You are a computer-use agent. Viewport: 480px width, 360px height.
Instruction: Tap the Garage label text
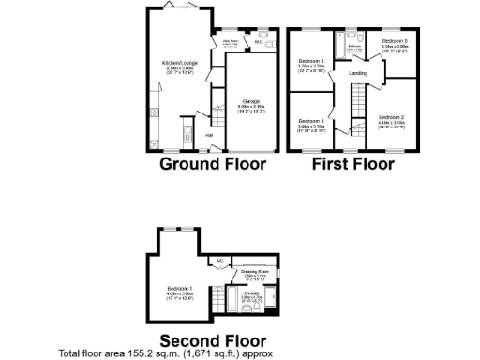click(x=251, y=100)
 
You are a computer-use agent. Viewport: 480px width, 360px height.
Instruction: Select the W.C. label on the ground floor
click(x=259, y=42)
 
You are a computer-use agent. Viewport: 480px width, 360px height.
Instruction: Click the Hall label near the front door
click(x=208, y=135)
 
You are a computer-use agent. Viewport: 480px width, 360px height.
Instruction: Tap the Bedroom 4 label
click(x=310, y=122)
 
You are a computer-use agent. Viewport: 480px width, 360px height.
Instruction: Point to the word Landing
click(x=357, y=72)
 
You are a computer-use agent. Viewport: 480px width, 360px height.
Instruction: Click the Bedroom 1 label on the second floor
click(x=180, y=287)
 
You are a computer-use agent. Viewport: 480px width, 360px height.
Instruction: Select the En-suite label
click(x=251, y=293)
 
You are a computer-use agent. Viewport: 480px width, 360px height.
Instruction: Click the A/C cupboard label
click(x=218, y=261)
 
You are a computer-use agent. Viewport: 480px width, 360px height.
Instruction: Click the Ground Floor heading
click(x=213, y=164)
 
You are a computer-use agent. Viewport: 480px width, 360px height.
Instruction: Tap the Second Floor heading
click(x=213, y=339)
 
